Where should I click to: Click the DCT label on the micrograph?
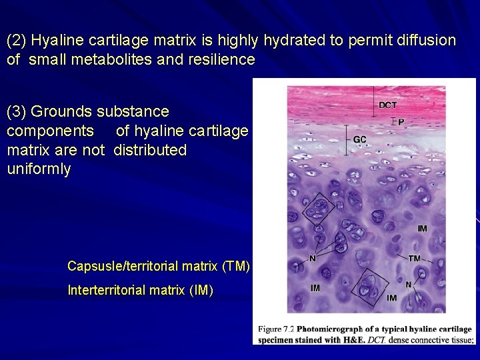coord(387,105)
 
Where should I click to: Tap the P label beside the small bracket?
coord(401,122)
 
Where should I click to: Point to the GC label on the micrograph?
coord(359,139)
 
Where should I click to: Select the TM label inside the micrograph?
coord(414,258)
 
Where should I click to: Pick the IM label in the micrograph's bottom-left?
coord(315,288)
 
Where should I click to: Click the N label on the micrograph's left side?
coord(313,258)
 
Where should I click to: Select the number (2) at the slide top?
coord(17,41)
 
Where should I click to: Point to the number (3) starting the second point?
coord(17,111)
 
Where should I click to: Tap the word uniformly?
coord(39,169)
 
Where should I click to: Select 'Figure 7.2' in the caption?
coord(276,329)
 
